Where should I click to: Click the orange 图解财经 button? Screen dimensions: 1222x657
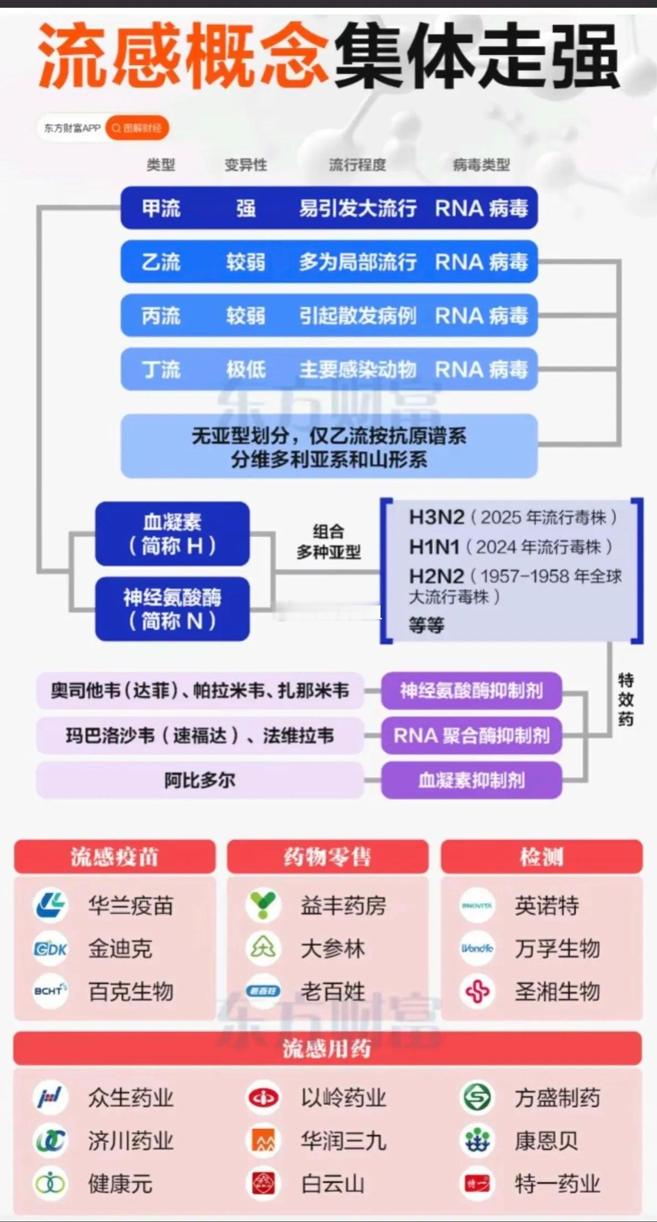137,128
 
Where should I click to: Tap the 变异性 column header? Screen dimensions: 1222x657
246,164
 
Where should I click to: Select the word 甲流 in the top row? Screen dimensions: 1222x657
161,209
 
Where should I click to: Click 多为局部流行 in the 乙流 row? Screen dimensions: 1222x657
358,262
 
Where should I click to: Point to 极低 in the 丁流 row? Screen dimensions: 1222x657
246,369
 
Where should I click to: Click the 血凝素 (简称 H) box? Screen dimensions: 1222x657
172,534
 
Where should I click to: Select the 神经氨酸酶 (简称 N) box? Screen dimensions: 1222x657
172,609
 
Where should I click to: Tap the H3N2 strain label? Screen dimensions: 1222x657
436,517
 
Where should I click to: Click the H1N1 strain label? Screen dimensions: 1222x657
434,547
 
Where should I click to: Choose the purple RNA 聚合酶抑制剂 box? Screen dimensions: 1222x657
471,736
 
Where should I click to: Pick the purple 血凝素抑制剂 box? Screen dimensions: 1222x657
471,780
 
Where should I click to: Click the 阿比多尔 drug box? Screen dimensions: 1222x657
200,780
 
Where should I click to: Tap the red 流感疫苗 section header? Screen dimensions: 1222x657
114,857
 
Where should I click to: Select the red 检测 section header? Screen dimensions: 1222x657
541,857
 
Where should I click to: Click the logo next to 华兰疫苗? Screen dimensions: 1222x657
51,905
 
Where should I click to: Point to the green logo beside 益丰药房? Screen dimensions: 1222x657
263,905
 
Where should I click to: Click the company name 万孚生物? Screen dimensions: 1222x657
557,949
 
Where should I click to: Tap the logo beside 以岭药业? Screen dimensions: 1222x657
263,1097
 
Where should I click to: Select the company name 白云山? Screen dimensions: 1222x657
333,1184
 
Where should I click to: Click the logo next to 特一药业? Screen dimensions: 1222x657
477,1184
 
